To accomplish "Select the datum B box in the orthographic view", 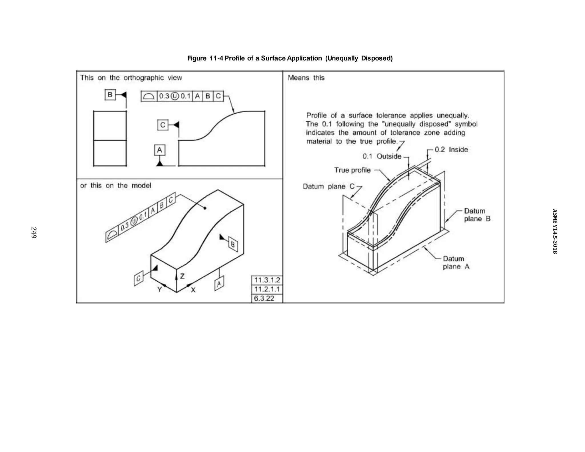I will tap(110, 95).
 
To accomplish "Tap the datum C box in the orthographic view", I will tap(163, 125).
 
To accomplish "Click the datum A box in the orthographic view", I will tap(160, 150).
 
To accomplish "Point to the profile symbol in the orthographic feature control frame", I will tap(149, 96).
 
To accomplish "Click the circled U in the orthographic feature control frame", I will tap(174, 96).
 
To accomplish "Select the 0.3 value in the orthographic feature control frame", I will tap(164, 96).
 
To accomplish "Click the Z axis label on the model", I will tap(182, 276).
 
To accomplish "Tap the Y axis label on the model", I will tap(159, 289).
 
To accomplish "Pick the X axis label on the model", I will tap(193, 290).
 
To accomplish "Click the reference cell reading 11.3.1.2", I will tap(267, 280).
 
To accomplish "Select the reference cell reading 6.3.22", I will tap(264, 298).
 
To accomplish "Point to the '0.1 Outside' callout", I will tap(382, 156).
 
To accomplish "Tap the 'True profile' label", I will tap(352, 170).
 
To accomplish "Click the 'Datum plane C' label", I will tap(328, 187).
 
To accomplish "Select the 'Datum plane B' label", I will tap(477, 215).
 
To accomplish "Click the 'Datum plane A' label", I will tap(456, 263).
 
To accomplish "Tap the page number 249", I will tap(34, 233).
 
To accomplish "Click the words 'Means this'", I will tap(306, 78).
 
